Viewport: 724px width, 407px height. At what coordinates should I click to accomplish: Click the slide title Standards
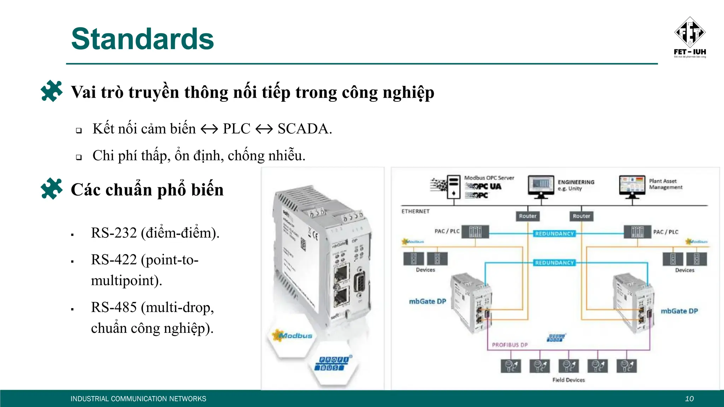(x=142, y=39)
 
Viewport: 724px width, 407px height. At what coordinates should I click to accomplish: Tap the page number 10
(x=689, y=399)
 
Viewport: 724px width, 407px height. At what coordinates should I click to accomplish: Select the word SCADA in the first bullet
(x=304, y=129)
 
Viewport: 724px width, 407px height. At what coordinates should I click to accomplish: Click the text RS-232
(x=114, y=233)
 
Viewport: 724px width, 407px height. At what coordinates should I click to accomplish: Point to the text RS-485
(x=114, y=307)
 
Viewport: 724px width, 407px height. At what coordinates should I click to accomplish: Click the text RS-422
(x=114, y=260)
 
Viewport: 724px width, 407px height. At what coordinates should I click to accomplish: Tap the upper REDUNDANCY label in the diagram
(x=554, y=234)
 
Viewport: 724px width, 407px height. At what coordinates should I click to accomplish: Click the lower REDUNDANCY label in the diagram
(x=554, y=263)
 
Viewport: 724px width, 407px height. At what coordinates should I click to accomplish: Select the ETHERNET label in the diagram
(x=415, y=211)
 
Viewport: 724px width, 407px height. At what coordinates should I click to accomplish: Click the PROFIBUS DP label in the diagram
(x=509, y=345)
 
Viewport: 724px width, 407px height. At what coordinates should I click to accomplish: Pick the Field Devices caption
(x=568, y=380)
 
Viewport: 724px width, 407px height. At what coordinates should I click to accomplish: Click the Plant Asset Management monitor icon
(x=632, y=185)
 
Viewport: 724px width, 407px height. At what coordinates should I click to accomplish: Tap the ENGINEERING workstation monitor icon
(x=541, y=185)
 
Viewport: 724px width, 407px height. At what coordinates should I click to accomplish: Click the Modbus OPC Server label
(x=489, y=178)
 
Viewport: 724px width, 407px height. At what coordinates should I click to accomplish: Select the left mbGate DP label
(x=427, y=301)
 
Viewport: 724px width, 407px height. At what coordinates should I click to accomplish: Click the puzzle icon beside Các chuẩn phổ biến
(x=52, y=189)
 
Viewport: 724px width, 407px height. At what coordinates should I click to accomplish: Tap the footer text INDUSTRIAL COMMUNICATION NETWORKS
(x=138, y=399)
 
